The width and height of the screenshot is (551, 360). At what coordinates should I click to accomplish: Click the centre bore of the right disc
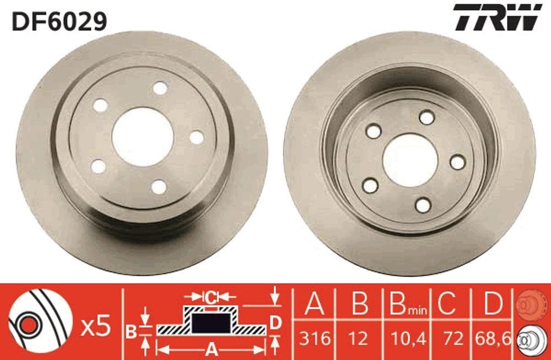click(409, 160)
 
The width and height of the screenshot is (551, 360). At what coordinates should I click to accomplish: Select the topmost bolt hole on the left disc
click(160, 88)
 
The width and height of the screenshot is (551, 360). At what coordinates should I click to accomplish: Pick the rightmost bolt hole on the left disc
click(197, 137)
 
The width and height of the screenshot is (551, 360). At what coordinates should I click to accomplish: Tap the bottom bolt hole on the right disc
click(423, 205)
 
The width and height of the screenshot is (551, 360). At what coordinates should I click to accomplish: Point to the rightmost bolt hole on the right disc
click(457, 162)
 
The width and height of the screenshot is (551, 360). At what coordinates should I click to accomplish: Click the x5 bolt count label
click(96, 327)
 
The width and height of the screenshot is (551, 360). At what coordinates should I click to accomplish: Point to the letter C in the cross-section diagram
click(210, 297)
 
